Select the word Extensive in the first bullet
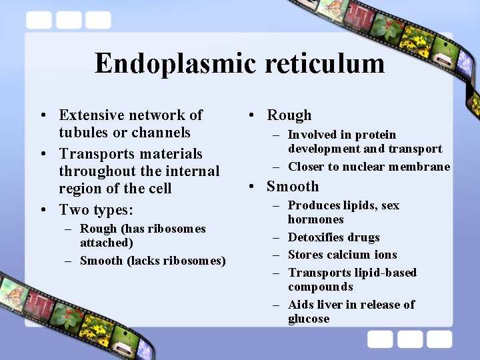(91, 115)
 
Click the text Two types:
(96, 210)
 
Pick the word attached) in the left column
(107, 243)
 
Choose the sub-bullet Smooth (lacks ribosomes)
(153, 261)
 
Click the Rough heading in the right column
(289, 115)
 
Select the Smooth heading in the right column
(293, 187)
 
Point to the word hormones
(316, 219)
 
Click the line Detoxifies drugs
(333, 237)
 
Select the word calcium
(349, 255)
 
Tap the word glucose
(309, 319)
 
